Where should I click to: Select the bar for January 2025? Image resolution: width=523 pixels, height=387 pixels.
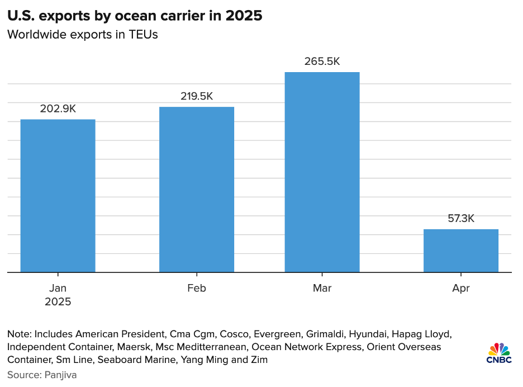[58, 196]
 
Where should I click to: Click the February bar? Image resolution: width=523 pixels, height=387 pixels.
[197, 190]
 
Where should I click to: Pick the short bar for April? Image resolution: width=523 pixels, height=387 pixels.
[461, 251]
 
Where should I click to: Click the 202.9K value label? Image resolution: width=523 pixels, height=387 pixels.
[58, 109]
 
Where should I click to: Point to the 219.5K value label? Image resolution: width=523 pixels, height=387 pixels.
[197, 96]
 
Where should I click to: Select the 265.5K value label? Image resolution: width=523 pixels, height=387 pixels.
[322, 62]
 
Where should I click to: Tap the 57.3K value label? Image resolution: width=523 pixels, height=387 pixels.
[461, 219]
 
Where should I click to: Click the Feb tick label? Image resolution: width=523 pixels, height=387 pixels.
[197, 289]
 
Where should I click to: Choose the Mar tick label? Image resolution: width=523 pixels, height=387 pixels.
[322, 289]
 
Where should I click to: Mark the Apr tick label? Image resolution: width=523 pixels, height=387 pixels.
[461, 289]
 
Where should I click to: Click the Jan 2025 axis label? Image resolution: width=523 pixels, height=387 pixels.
[58, 295]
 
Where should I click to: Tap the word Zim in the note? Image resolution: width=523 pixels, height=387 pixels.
[259, 360]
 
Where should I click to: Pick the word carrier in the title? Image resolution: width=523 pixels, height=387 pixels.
[180, 16]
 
